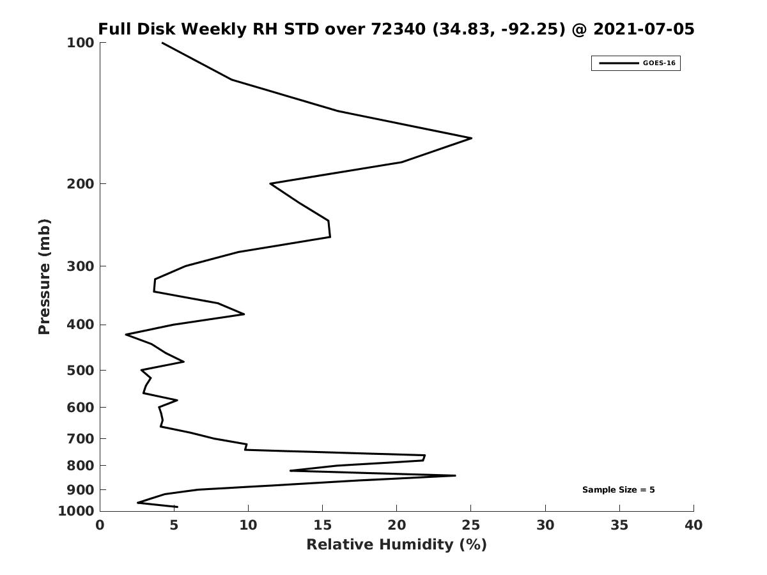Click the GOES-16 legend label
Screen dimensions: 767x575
click(659, 63)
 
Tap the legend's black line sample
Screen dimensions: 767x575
click(619, 63)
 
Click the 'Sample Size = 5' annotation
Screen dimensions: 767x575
click(618, 490)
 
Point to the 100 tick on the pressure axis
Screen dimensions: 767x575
click(81, 43)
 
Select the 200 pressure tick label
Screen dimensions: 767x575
click(81, 183)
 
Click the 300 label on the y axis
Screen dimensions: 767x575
click(81, 266)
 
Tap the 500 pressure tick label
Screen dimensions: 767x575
click(81, 370)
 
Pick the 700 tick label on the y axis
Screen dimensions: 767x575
click(81, 438)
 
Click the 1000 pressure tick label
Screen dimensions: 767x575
click(76, 511)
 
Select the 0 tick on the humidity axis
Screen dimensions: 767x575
click(100, 525)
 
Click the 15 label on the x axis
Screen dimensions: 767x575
click(322, 525)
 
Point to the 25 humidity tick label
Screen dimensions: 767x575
click(470, 525)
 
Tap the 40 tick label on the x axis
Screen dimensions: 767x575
click(693, 525)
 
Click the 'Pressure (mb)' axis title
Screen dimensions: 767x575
click(44, 277)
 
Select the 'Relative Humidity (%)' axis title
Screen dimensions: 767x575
click(397, 544)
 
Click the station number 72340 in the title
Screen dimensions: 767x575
click(398, 29)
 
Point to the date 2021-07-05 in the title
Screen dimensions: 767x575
click(644, 29)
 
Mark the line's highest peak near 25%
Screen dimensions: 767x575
click(472, 138)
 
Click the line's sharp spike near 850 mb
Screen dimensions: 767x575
click(455, 475)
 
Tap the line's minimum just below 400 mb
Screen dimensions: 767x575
click(126, 335)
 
